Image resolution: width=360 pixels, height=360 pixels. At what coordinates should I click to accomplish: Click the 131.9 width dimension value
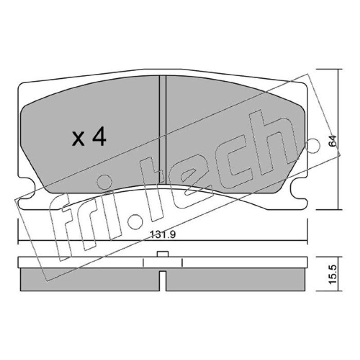[x=163, y=234]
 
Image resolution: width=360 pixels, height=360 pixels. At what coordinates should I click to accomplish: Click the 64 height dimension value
[x=332, y=141]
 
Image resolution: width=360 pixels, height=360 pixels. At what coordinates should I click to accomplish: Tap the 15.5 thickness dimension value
[x=333, y=274]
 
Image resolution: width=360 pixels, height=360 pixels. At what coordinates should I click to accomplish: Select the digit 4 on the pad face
[x=99, y=137]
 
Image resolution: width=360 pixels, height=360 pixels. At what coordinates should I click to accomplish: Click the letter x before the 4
[x=78, y=139]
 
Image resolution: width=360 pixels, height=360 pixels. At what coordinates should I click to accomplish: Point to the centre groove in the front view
[x=162, y=130]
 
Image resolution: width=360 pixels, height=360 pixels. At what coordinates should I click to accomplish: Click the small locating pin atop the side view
[x=163, y=254]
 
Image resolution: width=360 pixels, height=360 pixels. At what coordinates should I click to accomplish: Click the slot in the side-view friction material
[x=162, y=281]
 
